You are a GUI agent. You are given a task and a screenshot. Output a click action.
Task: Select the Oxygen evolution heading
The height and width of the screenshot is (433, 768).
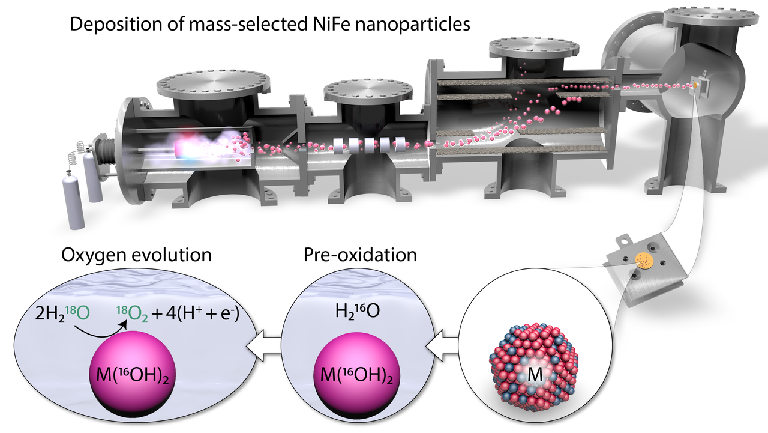pyautogui.click(x=137, y=255)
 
